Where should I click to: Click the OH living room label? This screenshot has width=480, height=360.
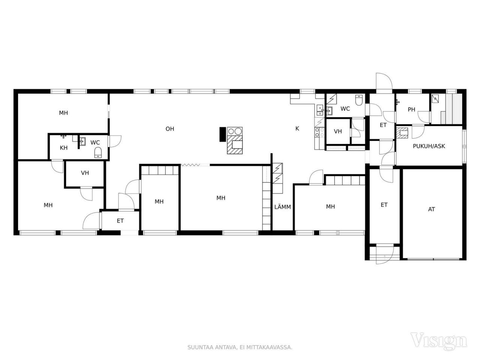[x=170, y=129]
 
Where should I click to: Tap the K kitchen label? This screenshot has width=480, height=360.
[x=297, y=129]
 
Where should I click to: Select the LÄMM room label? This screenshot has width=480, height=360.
[x=282, y=207]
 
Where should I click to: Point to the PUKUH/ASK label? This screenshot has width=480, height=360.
[x=429, y=146]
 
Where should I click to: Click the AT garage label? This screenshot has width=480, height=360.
[x=431, y=209]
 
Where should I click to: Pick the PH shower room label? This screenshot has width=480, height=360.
[x=411, y=109]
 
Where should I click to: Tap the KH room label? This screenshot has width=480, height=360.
[x=64, y=148]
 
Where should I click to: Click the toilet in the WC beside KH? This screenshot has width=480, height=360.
[x=98, y=152]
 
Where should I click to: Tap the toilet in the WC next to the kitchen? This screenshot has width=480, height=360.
[x=359, y=100]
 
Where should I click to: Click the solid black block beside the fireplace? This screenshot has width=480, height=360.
[x=223, y=134]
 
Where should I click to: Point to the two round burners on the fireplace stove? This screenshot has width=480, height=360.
[x=235, y=131]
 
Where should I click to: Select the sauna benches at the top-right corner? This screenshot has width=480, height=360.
[x=453, y=109]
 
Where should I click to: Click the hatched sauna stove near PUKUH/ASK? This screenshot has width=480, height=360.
[x=402, y=133]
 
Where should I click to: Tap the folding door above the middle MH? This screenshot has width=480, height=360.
[x=190, y=165]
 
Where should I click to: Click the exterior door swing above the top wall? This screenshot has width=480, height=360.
[x=384, y=81]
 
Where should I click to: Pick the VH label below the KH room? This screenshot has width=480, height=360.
[x=85, y=173]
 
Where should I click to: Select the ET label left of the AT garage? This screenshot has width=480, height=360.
[x=384, y=205]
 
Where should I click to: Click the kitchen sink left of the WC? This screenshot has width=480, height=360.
[x=320, y=110]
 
